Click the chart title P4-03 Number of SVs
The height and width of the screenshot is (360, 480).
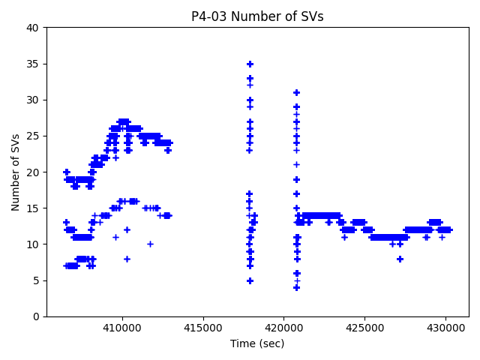tap(257, 16)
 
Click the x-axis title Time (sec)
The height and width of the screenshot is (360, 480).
tap(257, 343)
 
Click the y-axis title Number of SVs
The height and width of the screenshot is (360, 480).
tap(16, 172)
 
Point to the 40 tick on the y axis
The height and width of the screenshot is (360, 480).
tap(33, 28)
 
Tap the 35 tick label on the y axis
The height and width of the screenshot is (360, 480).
tap(33, 64)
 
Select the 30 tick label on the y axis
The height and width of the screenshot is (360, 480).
tap(33, 100)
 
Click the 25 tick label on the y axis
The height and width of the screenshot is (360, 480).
tap(33, 136)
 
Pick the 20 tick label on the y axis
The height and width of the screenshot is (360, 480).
tap(33, 172)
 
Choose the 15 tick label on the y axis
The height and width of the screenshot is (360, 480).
tap(33, 208)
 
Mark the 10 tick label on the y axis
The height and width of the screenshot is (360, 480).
tap(33, 244)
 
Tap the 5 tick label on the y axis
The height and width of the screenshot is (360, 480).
tap(36, 280)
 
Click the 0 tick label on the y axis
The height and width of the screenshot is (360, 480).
tap(36, 316)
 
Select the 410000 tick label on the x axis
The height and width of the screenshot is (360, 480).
tap(121, 328)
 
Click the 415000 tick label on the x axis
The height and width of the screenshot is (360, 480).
tap(202, 328)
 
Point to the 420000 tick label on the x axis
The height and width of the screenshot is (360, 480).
tap(283, 328)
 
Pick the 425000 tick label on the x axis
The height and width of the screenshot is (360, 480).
tap(364, 328)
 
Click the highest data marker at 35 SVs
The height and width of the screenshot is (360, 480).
tap(250, 64)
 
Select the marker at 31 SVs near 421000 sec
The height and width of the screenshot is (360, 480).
tap(296, 92)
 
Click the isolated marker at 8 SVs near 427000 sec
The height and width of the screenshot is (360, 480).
tap(400, 259)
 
